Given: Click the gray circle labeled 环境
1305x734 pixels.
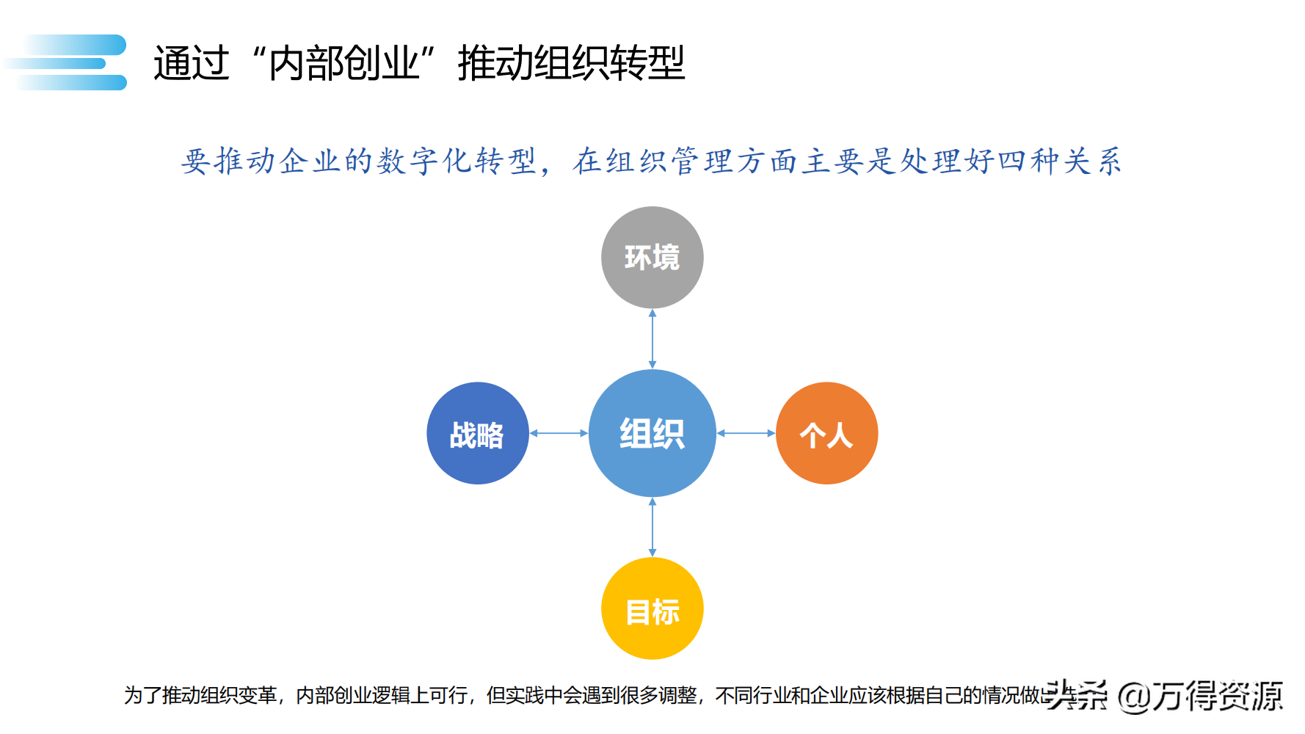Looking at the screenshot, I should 652,258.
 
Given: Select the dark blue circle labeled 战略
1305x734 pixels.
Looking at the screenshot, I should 477,433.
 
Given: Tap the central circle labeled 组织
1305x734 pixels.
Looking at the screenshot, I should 652,433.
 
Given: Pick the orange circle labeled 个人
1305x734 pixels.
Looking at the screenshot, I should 826,433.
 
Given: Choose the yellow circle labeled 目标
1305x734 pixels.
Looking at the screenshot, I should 652,608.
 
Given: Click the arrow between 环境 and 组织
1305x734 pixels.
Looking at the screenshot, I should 652,339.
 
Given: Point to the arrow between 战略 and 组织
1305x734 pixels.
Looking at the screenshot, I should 559,433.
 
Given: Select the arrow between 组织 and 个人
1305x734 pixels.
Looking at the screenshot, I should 746,433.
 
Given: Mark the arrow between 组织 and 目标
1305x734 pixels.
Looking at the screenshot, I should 652,527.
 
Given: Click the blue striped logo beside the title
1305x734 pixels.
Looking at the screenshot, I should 70,62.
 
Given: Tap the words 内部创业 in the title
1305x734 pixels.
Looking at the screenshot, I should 343,63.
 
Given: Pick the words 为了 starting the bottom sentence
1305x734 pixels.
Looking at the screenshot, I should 142,695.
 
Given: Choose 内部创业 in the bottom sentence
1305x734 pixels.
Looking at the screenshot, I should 334,695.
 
